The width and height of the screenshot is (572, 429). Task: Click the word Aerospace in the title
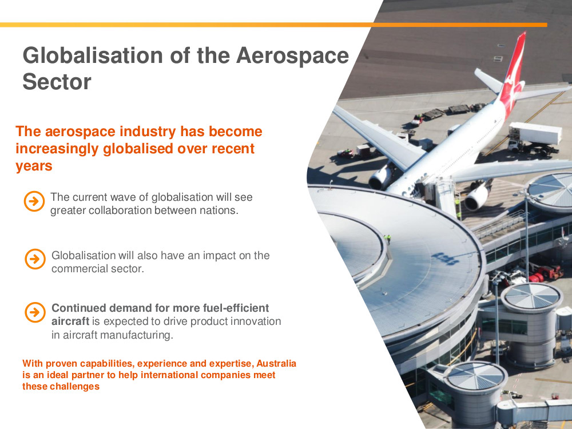292,55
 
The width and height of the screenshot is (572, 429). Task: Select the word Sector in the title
57,81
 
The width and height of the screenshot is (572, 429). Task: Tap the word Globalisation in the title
93,55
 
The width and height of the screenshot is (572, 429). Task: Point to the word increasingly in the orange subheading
58,149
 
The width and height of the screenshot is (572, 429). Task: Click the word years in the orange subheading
34,166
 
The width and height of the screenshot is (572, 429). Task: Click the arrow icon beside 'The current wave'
34,201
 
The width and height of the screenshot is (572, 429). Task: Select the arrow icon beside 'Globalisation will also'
35,259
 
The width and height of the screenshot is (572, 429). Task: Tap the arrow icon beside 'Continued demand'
35,312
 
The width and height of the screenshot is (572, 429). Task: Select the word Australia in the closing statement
276,364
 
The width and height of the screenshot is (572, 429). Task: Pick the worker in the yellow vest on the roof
388,239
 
